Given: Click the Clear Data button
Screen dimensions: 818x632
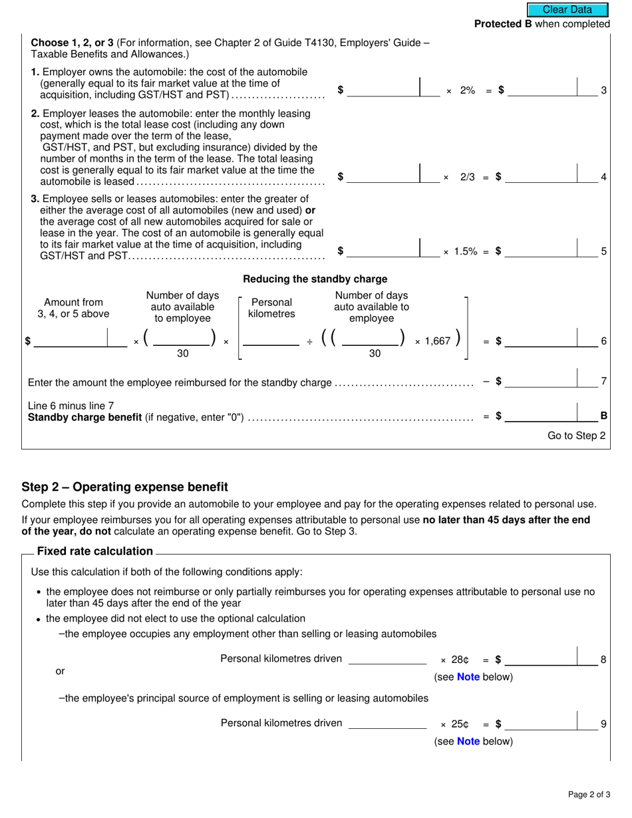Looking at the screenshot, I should click(567, 10).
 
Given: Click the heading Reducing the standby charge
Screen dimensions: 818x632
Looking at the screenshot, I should click(315, 279).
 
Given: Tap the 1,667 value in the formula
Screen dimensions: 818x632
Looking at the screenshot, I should click(437, 341).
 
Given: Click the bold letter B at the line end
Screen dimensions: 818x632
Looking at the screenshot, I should click(603, 416).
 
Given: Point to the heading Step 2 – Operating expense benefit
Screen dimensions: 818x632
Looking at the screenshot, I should click(124, 487).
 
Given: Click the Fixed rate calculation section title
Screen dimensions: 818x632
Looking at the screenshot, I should click(95, 551).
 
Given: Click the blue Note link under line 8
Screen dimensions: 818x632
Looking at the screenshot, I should click(469, 678).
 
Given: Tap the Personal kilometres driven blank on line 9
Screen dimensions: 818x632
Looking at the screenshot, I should click(388, 724).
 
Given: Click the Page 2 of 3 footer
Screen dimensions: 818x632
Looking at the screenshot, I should click(589, 795).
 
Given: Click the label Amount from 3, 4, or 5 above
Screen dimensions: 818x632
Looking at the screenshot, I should click(73, 309).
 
